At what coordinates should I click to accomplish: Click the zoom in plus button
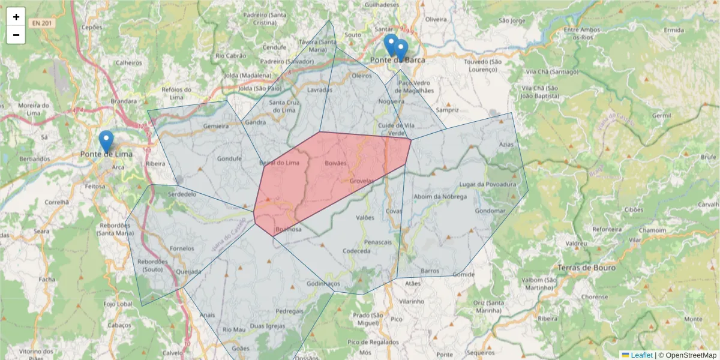pyautogui.click(x=16, y=17)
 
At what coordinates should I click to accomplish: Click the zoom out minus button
pyautogui.click(x=16, y=35)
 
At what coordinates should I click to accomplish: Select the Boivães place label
pyautogui.click(x=335, y=163)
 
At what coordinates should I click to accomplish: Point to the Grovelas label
pyautogui.click(x=361, y=181)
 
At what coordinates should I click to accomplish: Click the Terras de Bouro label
pyautogui.click(x=586, y=268)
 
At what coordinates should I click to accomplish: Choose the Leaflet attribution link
pyautogui.click(x=641, y=355)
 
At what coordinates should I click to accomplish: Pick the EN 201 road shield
pyautogui.click(x=42, y=23)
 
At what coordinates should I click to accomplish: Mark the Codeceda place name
pyautogui.click(x=356, y=251)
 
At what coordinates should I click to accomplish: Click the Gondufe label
pyautogui.click(x=229, y=159)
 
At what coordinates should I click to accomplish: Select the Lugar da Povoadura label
pyautogui.click(x=487, y=184)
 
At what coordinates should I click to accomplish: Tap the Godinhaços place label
pyautogui.click(x=323, y=283)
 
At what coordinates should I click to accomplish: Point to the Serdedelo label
pyautogui.click(x=182, y=194)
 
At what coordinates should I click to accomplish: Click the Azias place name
pyautogui.click(x=506, y=145)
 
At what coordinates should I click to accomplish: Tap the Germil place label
pyautogui.click(x=661, y=115)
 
